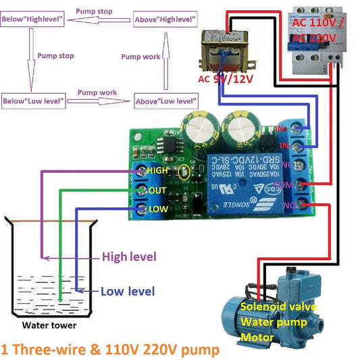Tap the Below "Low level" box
point(33,101)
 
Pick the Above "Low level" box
point(164,101)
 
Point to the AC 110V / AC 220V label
point(323,30)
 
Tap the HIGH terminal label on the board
point(157,171)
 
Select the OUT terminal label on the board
point(157,190)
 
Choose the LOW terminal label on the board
point(157,209)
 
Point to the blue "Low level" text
point(128,292)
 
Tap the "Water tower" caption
point(49,326)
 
